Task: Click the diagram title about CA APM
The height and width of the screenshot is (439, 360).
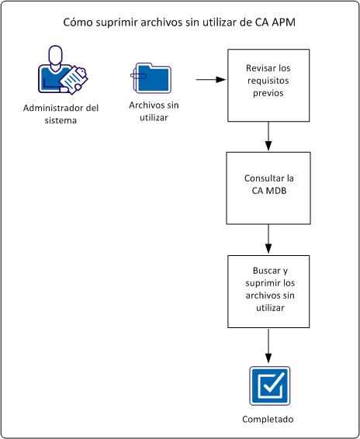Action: tap(180, 22)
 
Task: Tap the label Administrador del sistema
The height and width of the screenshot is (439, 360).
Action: tap(61, 113)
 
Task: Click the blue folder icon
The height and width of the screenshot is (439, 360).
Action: tap(151, 78)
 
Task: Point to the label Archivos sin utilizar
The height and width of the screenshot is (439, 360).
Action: tap(151, 112)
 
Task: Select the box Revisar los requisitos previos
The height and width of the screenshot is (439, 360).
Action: tap(268, 85)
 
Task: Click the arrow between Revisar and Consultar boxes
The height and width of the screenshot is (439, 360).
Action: tap(268, 137)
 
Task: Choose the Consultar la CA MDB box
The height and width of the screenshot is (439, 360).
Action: tap(268, 188)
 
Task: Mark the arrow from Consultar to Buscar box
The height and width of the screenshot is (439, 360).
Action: tap(268, 239)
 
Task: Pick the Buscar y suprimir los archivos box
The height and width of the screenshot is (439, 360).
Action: tap(268, 290)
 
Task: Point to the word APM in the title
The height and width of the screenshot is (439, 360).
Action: tap(283, 22)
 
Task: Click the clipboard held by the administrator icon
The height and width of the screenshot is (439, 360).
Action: tap(73, 80)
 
